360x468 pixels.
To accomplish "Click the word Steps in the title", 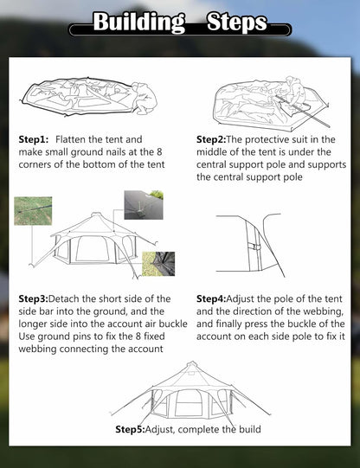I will pyautogui.click(x=236, y=22).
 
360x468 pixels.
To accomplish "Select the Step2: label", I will pyautogui.click(x=211, y=139).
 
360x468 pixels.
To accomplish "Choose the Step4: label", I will pyautogui.click(x=211, y=298).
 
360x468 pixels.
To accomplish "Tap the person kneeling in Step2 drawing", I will pyautogui.click(x=291, y=90).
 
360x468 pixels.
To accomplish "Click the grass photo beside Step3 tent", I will pyautogui.click(x=32, y=210).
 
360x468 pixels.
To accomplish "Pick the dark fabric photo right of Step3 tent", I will pyautogui.click(x=158, y=263).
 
